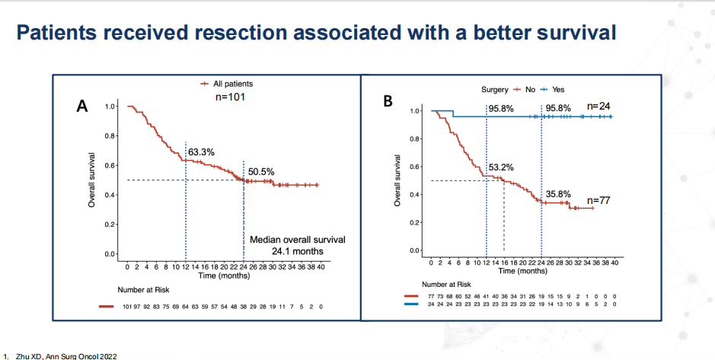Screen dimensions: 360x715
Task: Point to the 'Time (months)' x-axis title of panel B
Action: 523,270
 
